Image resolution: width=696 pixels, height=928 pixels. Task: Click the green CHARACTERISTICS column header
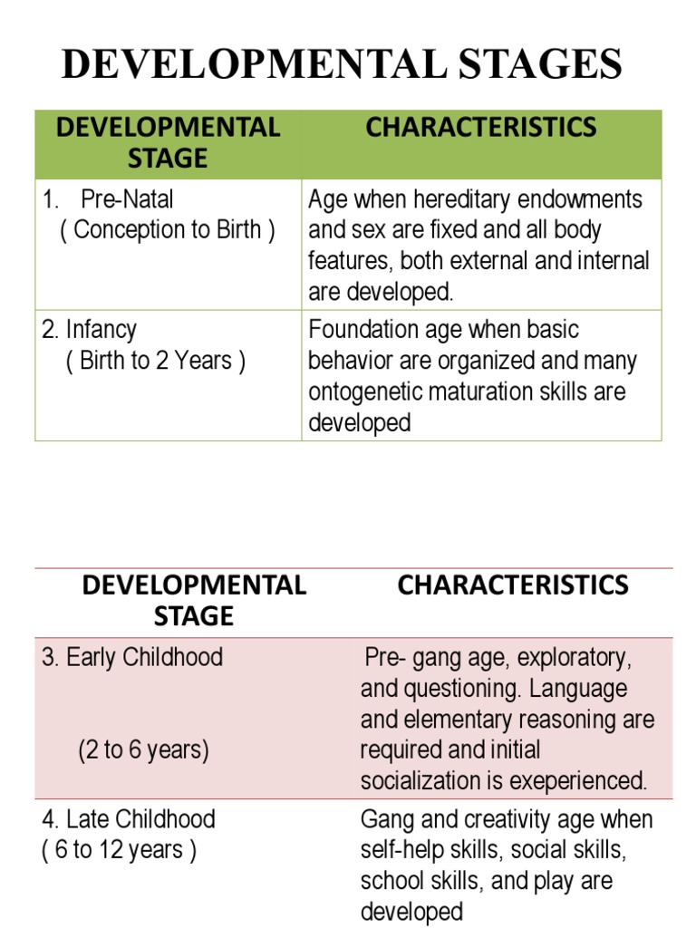pos(480,128)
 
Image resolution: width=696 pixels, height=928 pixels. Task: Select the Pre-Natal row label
pos(127,199)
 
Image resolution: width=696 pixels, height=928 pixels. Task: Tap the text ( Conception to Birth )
pos(168,230)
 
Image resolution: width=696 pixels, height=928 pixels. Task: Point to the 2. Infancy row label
pos(89,330)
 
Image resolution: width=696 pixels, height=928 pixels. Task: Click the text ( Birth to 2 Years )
pos(155,361)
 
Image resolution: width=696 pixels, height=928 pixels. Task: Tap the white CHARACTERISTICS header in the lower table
pos(513,585)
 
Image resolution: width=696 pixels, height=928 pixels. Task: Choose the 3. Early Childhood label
pos(132,657)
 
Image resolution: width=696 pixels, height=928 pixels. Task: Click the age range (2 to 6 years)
pos(143,750)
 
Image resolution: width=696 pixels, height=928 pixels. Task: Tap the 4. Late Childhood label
pos(129,819)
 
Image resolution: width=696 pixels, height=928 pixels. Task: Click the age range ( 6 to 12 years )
pos(119,851)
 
